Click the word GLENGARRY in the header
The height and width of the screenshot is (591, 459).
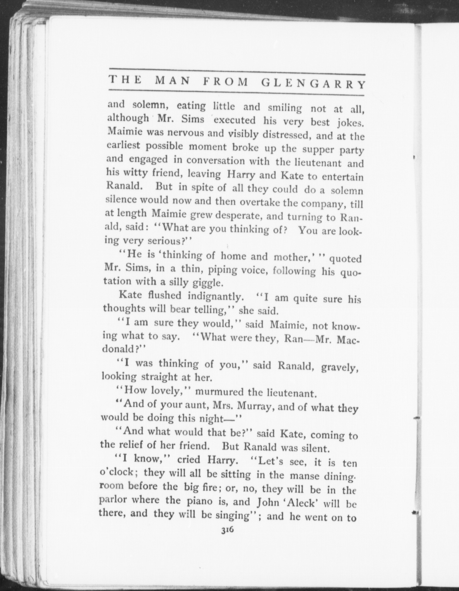pyautogui.click(x=313, y=83)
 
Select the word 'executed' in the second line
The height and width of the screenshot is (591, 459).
pyautogui.click(x=234, y=120)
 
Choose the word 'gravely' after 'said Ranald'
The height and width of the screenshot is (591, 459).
pyautogui.click(x=339, y=367)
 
